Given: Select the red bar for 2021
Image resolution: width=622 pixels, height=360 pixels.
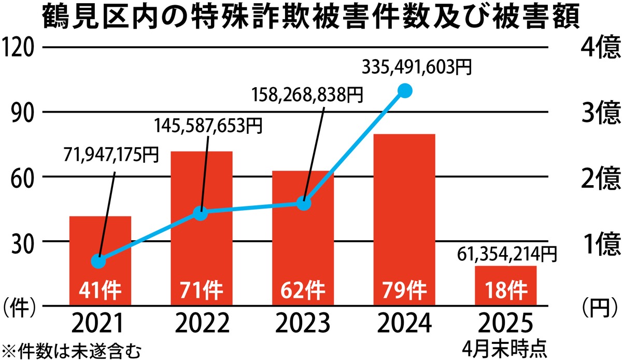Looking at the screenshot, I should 100,244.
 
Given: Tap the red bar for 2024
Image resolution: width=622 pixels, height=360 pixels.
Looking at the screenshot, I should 404,207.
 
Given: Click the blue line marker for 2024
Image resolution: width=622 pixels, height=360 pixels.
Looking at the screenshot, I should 405,91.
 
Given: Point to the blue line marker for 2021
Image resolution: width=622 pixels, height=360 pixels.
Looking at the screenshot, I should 98,261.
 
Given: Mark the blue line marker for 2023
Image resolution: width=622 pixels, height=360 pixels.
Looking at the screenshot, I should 304,203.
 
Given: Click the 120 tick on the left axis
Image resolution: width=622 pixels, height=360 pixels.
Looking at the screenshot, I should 19,48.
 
